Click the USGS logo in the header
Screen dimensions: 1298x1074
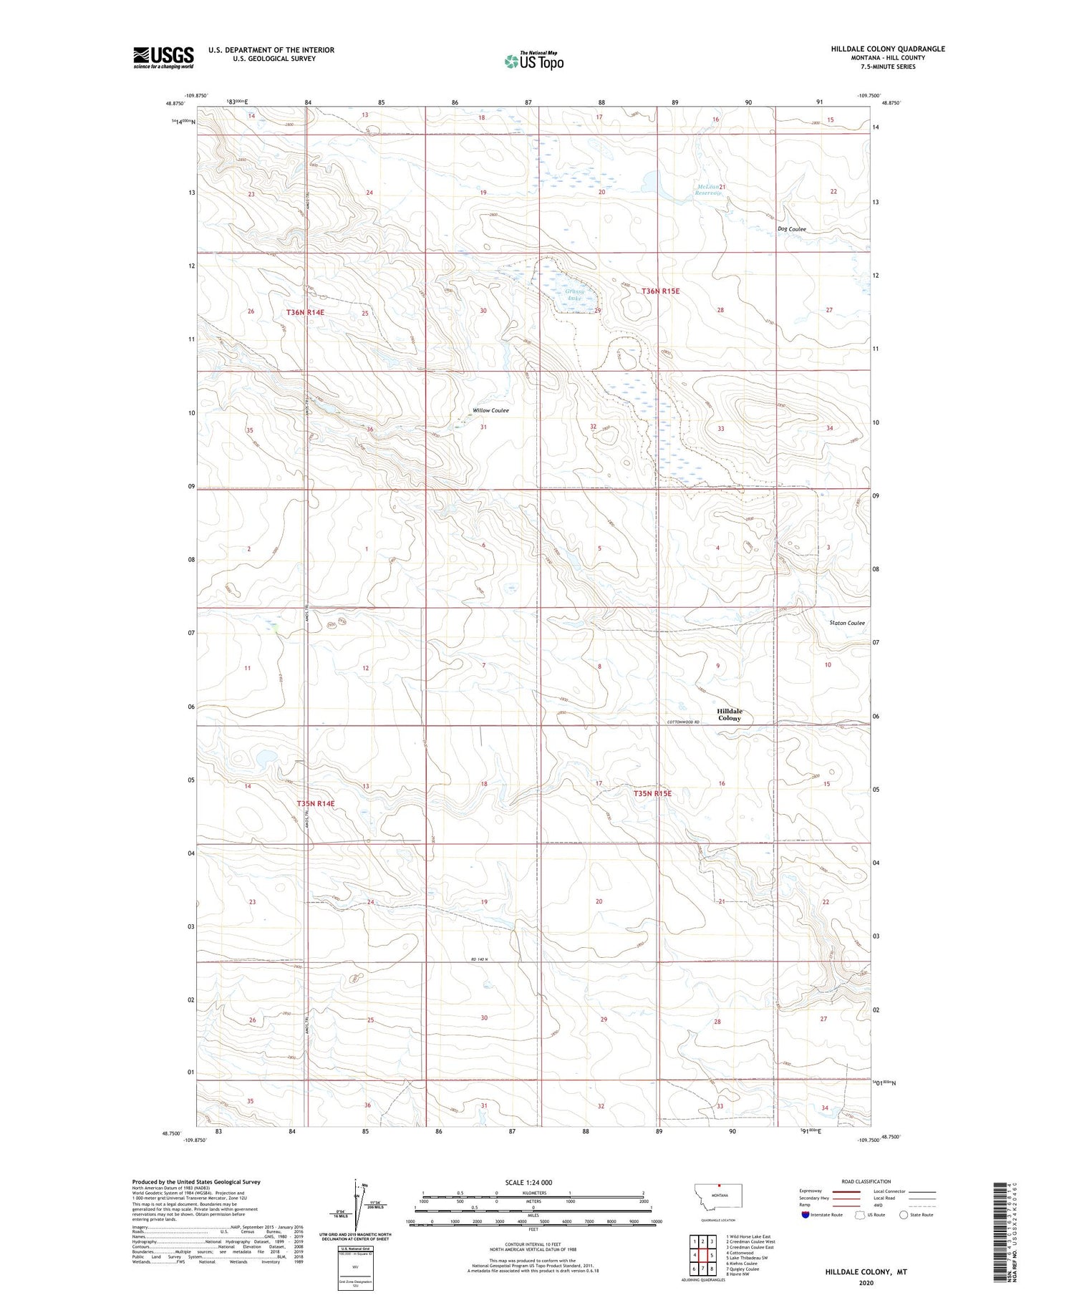point(163,57)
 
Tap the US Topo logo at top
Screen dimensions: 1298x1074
point(533,62)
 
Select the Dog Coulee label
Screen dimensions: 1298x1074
point(792,229)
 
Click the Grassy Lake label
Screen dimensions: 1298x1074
point(574,295)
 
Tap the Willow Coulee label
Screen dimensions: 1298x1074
point(490,410)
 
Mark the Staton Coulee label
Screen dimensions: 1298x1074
point(846,623)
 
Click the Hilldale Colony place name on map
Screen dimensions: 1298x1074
point(730,715)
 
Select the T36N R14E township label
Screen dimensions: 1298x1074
point(306,312)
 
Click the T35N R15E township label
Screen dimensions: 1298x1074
point(652,793)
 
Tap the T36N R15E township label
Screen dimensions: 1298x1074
point(660,291)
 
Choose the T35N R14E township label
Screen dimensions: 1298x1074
point(316,803)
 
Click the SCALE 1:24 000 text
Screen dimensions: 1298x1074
point(529,1182)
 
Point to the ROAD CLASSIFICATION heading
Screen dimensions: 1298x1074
point(866,1181)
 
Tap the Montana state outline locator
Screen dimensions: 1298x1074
point(719,1195)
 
